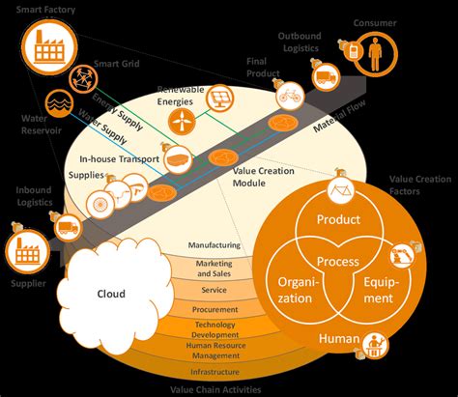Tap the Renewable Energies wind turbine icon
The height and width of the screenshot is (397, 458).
pyautogui.click(x=179, y=122)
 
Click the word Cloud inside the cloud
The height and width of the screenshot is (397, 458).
pyautogui.click(x=112, y=294)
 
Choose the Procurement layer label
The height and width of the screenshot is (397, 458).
pyautogui.click(x=214, y=310)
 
